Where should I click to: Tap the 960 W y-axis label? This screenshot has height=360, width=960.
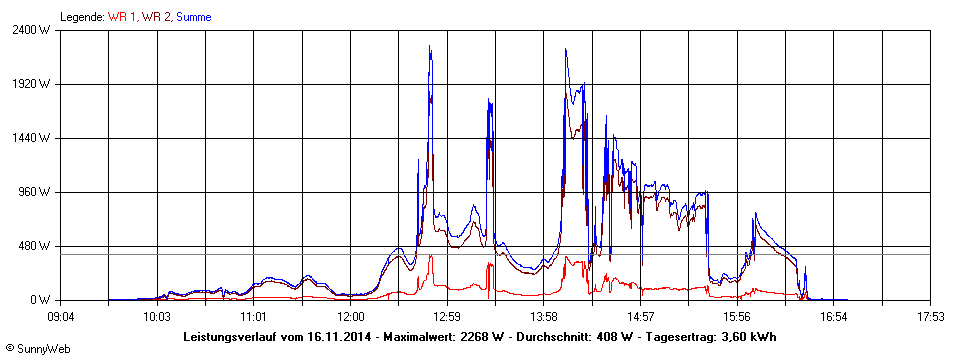click(x=39, y=192)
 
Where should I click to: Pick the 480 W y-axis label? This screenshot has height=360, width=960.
click(x=39, y=246)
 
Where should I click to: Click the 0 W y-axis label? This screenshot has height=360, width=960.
click(x=44, y=300)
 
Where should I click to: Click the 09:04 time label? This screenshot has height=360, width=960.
click(x=61, y=317)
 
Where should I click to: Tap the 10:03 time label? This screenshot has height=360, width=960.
click(x=157, y=317)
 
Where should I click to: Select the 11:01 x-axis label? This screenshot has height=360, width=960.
click(x=254, y=317)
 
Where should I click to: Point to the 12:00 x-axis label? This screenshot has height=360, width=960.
click(x=350, y=317)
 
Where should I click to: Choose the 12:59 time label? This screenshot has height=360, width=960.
click(x=447, y=317)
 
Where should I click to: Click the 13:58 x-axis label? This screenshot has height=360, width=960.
click(x=544, y=317)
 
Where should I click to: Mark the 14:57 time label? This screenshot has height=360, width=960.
click(x=641, y=317)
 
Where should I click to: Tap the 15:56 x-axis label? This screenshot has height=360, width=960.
click(x=737, y=317)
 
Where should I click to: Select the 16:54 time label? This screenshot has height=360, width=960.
click(x=834, y=317)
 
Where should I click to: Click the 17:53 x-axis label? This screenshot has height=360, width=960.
click(x=931, y=317)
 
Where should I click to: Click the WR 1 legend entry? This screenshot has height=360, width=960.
click(x=122, y=17)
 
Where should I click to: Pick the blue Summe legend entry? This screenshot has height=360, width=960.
click(x=193, y=17)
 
